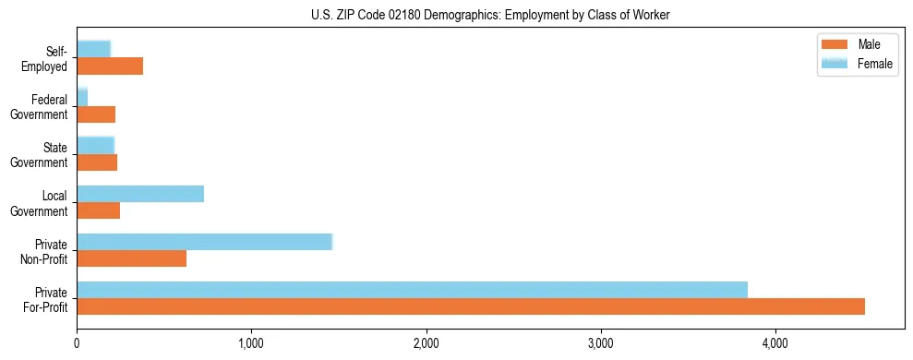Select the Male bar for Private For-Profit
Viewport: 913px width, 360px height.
(471, 306)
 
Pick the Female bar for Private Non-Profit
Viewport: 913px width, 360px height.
(204, 242)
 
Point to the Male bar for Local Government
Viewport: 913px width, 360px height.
(98, 210)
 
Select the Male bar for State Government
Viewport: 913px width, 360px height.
(97, 162)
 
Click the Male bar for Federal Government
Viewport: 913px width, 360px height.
(96, 114)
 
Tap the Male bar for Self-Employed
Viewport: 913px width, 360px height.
(110, 66)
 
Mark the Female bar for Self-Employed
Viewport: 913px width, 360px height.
(93, 49)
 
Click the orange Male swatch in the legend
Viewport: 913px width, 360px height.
(835, 45)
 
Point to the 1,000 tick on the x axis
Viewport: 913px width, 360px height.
(251, 343)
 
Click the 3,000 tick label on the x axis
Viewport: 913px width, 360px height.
(601, 343)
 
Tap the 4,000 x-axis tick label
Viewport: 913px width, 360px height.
(775, 343)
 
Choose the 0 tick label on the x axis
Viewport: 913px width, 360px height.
(77, 343)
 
